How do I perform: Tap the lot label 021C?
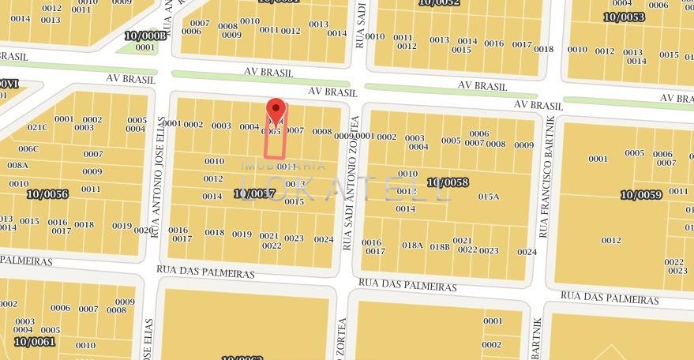click(x=37, y=127)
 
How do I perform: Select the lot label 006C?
click(x=28, y=148)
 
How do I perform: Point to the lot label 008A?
click(x=17, y=165)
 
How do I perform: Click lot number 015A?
click(x=489, y=196)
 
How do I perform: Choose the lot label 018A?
click(x=412, y=246)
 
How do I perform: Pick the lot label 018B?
click(x=440, y=246)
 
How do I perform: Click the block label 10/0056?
click(x=47, y=194)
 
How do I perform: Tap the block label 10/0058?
click(x=448, y=182)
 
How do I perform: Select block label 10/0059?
click(x=640, y=194)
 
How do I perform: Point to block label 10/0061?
click(x=34, y=342)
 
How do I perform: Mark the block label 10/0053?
click(x=624, y=17)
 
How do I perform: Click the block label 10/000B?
click(x=146, y=36)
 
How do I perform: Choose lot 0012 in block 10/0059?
click(x=611, y=240)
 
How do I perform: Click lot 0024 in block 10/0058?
click(x=527, y=252)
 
